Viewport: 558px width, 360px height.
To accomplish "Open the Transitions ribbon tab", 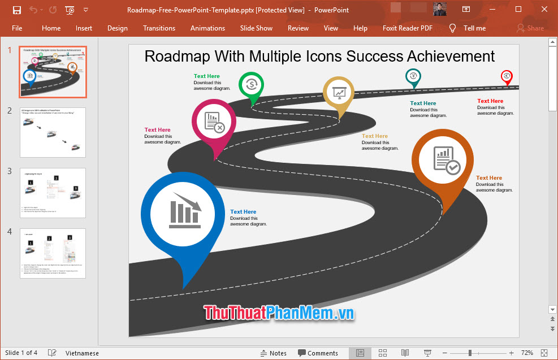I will point(159,28).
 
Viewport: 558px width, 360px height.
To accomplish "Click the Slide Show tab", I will point(256,28).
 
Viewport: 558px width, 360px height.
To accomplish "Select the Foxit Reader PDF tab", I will point(407,28).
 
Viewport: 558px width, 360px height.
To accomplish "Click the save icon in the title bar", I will point(16,10).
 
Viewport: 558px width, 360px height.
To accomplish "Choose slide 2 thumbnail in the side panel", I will point(53,132).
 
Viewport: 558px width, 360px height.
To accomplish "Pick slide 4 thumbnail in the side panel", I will point(53,253).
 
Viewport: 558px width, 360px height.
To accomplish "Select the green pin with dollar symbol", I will point(252,86).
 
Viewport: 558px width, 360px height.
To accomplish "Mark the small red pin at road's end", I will point(507,76).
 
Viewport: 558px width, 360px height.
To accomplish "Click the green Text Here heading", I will point(207,76).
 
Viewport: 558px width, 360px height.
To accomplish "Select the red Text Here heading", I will point(490,101).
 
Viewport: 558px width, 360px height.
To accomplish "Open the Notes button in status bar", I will point(273,353).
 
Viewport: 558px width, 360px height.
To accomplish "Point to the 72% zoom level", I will point(527,353).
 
